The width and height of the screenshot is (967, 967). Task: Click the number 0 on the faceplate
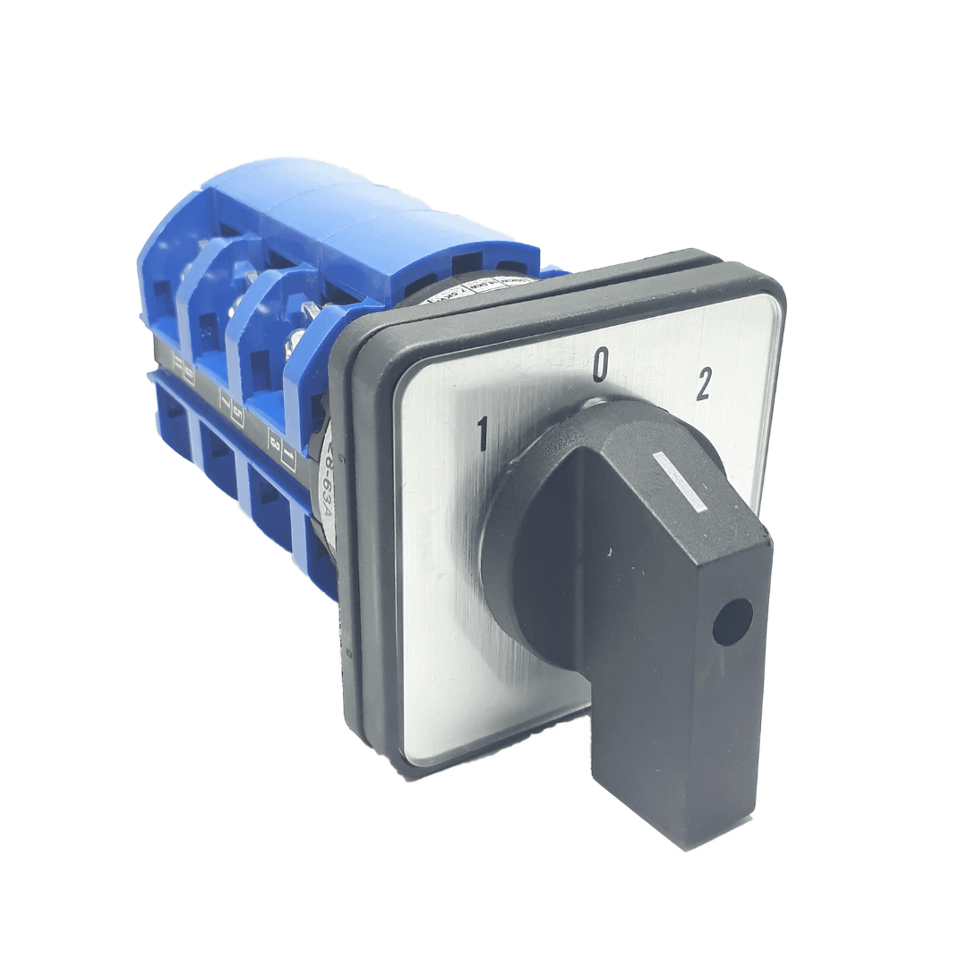pyautogui.click(x=601, y=365)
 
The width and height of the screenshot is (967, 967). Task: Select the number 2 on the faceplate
pyautogui.click(x=704, y=384)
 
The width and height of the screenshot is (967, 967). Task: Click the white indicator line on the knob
pyautogui.click(x=680, y=482)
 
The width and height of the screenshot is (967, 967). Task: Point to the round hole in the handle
pyautogui.click(x=732, y=622)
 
